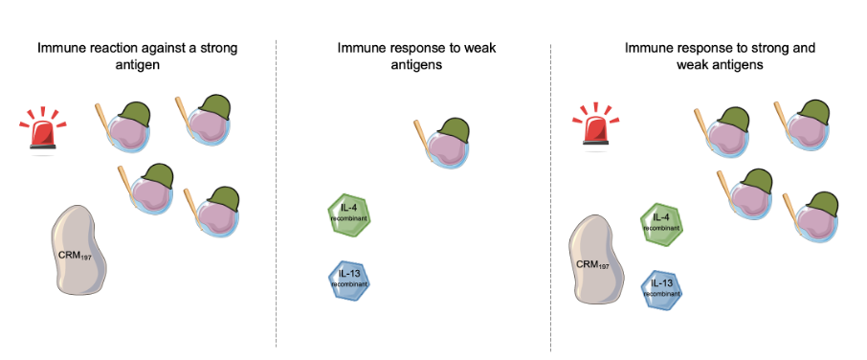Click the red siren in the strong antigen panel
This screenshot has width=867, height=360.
coord(42,130)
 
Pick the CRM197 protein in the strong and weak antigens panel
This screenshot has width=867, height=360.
coord(596,259)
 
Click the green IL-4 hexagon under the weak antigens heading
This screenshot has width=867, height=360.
coord(348,215)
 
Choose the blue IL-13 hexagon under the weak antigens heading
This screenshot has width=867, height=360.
coord(348,281)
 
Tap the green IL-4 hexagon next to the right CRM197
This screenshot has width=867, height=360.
coord(661,224)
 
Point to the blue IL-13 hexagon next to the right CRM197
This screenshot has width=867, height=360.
coord(661,291)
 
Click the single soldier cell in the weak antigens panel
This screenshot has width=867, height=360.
coord(442,143)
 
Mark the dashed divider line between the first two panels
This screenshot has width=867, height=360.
coord(277,193)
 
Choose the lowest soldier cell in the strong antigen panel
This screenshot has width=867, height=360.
coord(211,213)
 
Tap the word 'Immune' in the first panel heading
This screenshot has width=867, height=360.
coord(56,48)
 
